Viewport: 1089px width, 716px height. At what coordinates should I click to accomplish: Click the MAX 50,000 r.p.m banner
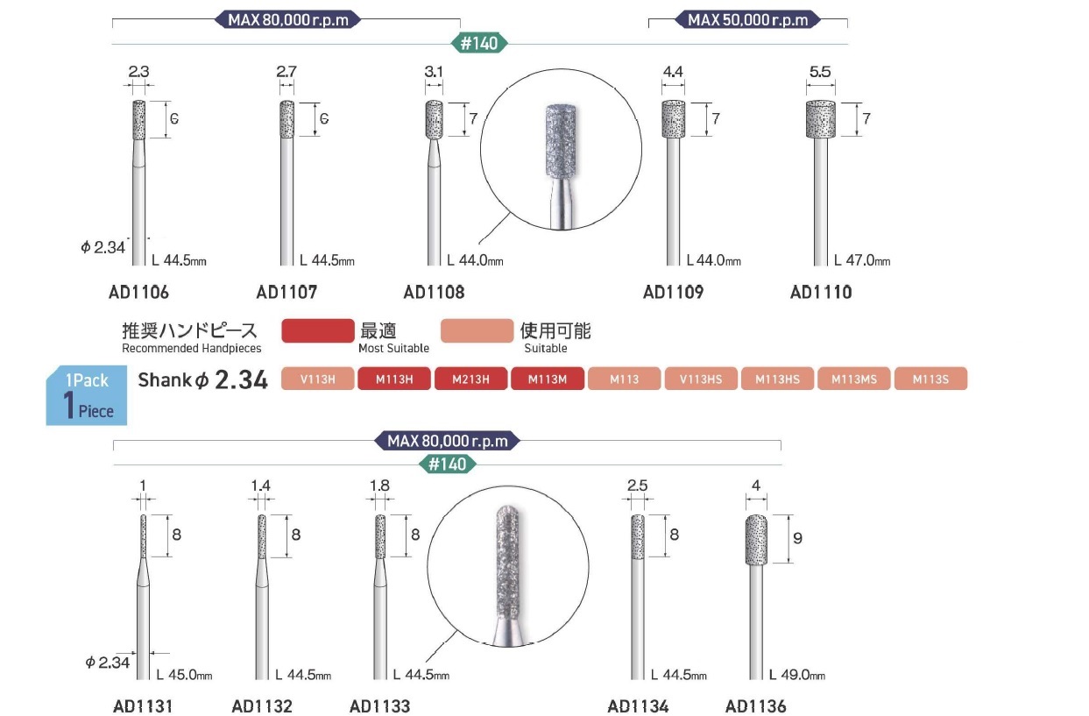[x=747, y=20]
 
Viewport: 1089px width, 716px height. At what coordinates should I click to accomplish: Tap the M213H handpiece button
[x=470, y=379]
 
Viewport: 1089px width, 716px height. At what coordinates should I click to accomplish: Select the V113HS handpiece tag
[x=701, y=379]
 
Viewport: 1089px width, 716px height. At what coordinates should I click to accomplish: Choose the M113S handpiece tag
[x=930, y=379]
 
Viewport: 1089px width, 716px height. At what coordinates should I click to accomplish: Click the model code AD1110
[x=821, y=293]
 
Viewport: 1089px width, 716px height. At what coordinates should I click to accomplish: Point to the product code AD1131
[x=143, y=706]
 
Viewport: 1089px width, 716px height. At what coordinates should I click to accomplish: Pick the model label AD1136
[x=755, y=706]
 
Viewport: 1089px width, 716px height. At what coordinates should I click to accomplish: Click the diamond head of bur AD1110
[x=821, y=119]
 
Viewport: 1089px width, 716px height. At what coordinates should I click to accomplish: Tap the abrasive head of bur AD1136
[x=756, y=540]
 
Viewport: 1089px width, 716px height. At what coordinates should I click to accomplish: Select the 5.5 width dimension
[x=820, y=72]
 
